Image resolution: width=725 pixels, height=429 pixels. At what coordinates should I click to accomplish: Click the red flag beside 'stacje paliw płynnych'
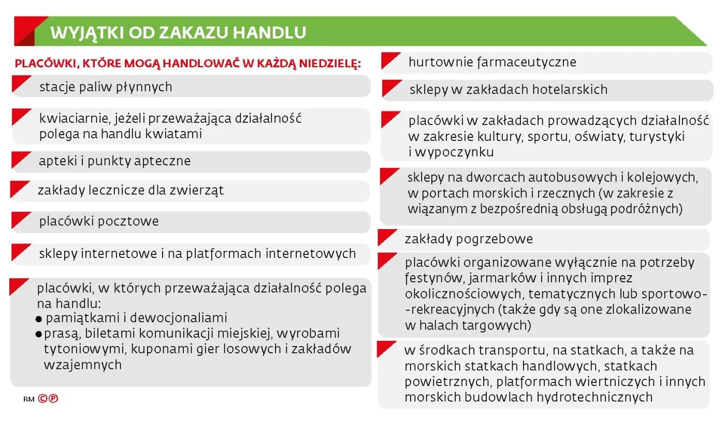21,84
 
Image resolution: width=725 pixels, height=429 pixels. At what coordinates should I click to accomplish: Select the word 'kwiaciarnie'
74,118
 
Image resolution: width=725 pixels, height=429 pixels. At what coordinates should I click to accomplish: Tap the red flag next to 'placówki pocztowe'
21,219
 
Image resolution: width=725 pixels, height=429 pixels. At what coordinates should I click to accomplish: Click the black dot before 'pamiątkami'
39,319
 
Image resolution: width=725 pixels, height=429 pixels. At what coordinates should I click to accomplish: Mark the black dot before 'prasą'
38,334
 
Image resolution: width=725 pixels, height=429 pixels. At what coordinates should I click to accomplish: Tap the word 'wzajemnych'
83,364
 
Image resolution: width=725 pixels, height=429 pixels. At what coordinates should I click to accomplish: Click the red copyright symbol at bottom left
42,399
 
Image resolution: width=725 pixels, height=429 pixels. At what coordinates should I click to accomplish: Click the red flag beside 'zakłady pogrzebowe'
387,237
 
